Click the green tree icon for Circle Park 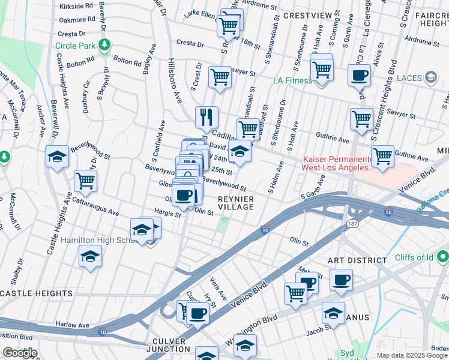click(104, 45)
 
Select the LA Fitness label click(292, 80)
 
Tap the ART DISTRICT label click(357, 260)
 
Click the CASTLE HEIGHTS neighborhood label click(37, 293)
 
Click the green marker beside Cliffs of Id click(443, 257)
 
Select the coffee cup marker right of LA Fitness click(360, 76)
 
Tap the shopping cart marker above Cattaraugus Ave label click(86, 180)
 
